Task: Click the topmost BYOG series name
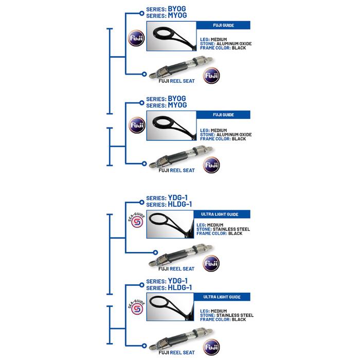(177, 9)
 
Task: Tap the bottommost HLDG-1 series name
(180, 287)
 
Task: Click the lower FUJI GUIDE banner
(223, 115)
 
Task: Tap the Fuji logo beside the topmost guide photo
(136, 38)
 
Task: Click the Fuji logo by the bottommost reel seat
(211, 347)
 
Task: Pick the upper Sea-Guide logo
(137, 221)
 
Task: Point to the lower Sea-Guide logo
(137, 307)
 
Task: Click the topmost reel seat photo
(181, 67)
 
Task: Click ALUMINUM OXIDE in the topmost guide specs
(234, 44)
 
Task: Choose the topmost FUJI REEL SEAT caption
(176, 81)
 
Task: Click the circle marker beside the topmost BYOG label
(141, 13)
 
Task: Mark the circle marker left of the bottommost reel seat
(144, 346)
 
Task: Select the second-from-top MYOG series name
(177, 105)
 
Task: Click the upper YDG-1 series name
(178, 197)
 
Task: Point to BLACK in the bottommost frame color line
(239, 319)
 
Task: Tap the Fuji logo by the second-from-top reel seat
(211, 165)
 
